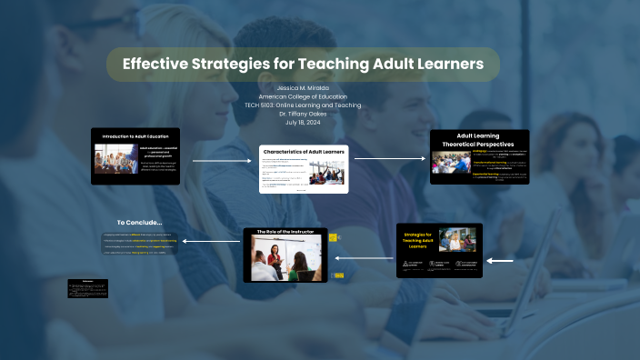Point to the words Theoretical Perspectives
478,144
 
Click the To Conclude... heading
139,222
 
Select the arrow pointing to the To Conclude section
211,241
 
